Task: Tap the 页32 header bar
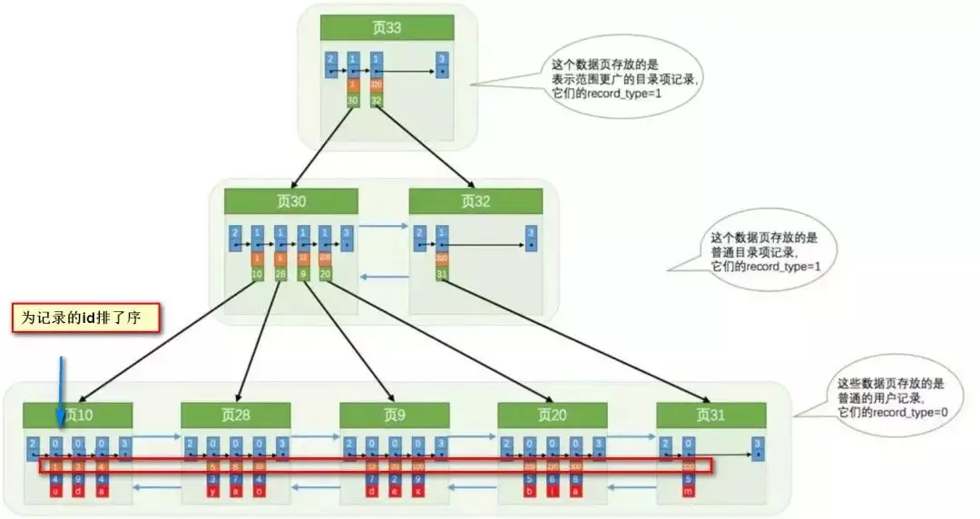tap(475, 201)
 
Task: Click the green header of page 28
tap(236, 415)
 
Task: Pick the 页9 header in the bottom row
tap(394, 415)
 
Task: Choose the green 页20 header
tap(552, 415)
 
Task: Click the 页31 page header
tap(710, 415)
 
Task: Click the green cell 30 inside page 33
tap(353, 100)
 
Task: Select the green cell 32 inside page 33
tap(377, 100)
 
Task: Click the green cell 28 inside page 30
tap(280, 273)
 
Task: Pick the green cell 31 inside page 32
tap(442, 273)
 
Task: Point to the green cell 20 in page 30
tap(326, 273)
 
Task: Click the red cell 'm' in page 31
tap(688, 490)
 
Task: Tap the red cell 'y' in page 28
tap(213, 490)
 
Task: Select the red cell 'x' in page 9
tap(417, 490)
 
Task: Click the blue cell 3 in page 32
tap(530, 239)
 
